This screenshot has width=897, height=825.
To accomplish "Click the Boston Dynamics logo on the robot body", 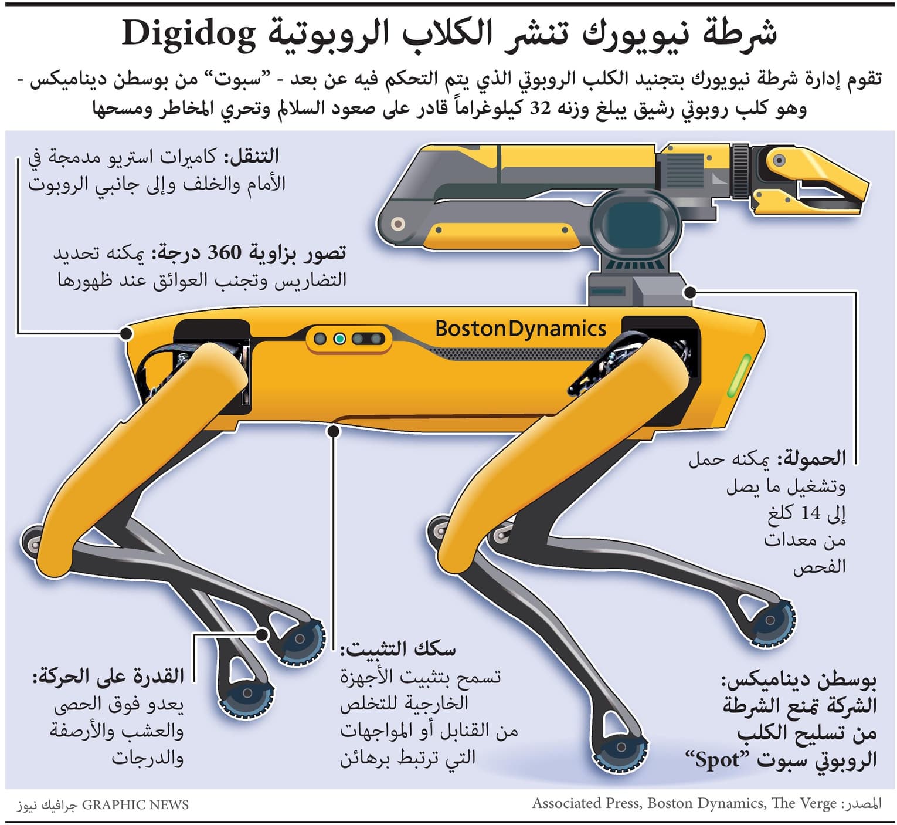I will (x=521, y=329).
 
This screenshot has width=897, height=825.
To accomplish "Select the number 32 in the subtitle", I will (x=541, y=108).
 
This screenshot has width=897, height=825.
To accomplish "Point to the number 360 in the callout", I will (x=225, y=253).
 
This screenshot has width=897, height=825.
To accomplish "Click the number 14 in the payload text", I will (x=811, y=513).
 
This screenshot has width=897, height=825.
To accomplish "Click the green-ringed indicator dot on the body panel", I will (x=339, y=339).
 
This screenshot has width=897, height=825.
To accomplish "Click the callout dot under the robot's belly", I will (x=334, y=431).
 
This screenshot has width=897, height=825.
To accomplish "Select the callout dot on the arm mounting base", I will (x=691, y=292).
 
